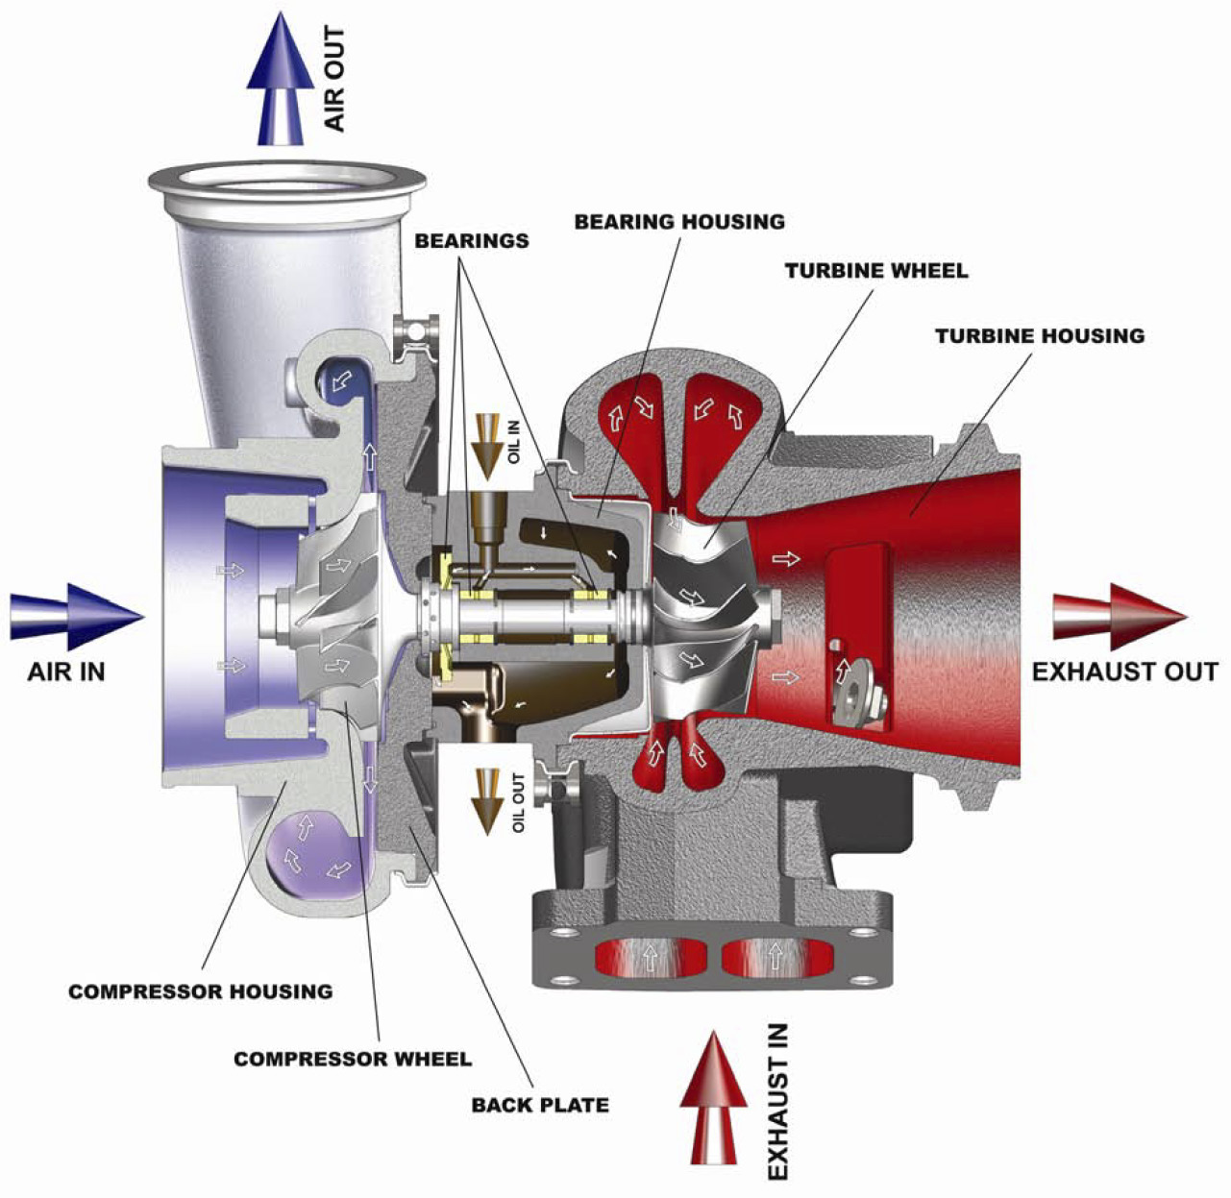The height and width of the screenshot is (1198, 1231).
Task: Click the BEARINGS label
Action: [x=472, y=241]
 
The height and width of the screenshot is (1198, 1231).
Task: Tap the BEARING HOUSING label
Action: [x=679, y=222]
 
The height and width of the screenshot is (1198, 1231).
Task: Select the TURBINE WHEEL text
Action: [x=876, y=271]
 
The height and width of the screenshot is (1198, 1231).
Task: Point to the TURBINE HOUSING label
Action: [x=1040, y=336]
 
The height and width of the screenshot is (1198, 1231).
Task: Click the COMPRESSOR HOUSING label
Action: [x=201, y=991]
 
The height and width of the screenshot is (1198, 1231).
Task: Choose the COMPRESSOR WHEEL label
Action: [x=353, y=1059]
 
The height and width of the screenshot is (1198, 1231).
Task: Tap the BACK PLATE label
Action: [x=540, y=1105]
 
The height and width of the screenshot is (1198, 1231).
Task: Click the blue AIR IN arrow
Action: [x=77, y=617]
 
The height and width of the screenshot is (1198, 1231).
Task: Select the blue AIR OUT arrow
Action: [x=281, y=78]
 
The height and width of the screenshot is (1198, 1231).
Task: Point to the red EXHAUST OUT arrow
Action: [x=1120, y=617]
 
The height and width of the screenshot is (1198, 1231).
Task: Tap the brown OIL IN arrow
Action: [x=488, y=446]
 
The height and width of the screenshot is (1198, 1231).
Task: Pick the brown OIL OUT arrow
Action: [x=488, y=801]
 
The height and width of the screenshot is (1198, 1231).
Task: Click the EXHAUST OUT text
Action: [x=1125, y=672]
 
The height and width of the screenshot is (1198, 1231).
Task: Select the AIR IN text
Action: [x=65, y=672]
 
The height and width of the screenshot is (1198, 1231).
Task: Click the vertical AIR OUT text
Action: [x=334, y=79]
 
